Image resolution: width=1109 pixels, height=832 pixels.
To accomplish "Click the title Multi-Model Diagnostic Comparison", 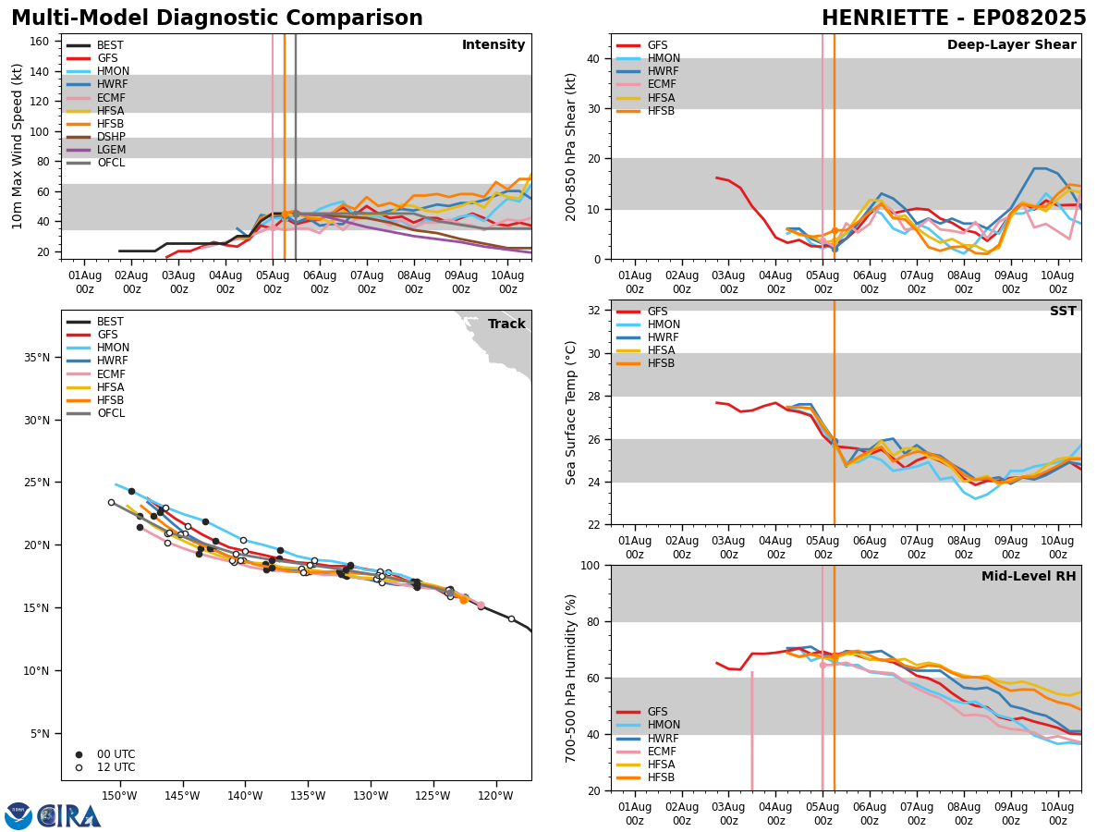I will point(217,18).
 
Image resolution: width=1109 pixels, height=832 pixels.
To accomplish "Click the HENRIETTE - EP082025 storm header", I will point(954,18).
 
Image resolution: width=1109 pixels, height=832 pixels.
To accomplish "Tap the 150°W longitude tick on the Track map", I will point(119,796).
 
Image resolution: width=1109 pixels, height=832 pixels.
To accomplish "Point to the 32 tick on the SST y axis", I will point(594,311).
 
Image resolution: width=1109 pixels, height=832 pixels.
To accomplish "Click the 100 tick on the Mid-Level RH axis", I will point(591,565).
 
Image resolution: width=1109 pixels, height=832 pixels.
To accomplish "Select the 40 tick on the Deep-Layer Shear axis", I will point(594,58).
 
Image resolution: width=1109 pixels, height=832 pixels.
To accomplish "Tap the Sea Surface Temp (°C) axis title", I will point(571,412).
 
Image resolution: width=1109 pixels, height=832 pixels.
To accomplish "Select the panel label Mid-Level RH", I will point(1029,577).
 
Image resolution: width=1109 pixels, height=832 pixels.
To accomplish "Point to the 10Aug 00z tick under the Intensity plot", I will point(508,282).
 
